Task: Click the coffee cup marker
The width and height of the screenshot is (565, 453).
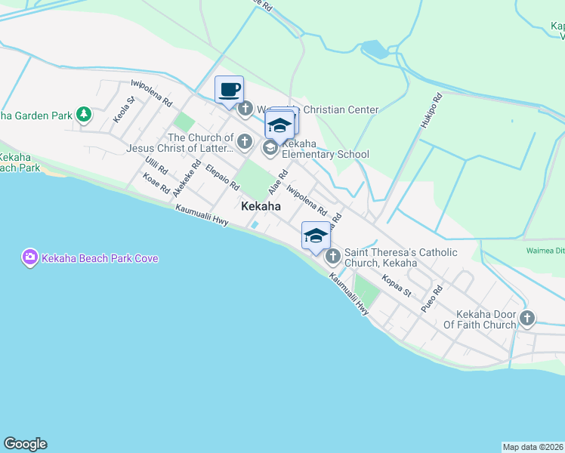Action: point(229,91)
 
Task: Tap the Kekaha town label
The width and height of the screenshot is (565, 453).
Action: point(261,206)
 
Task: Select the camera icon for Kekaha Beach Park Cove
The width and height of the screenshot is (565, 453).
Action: point(29,257)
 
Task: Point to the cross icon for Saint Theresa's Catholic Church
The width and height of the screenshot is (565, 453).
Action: point(332,257)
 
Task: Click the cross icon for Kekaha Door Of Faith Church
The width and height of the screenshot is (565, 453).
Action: point(527,318)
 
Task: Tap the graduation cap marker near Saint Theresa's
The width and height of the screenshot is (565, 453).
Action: point(316,236)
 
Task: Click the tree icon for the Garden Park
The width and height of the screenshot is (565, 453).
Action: point(83,115)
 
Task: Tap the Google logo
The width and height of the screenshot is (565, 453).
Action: point(25,444)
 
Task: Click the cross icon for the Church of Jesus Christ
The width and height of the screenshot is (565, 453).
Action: point(244,141)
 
